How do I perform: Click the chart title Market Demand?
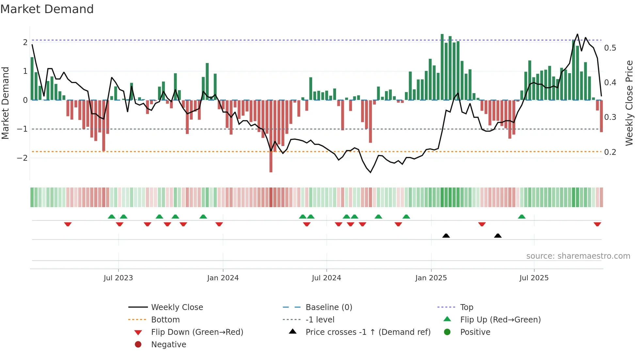click(x=47, y=9)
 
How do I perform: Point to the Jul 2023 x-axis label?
click(x=118, y=278)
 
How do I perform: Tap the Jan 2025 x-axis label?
click(x=431, y=278)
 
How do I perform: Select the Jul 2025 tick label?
click(x=534, y=278)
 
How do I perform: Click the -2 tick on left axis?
click(x=23, y=158)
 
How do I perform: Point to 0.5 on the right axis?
click(x=610, y=48)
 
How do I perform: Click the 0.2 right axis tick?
click(x=610, y=152)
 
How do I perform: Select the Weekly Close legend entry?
click(x=177, y=307)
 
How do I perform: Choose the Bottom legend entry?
click(x=165, y=320)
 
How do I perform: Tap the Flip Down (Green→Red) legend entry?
click(x=197, y=332)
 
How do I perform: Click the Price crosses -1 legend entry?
click(x=368, y=332)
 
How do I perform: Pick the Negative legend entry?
click(x=168, y=345)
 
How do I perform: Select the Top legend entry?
click(x=466, y=307)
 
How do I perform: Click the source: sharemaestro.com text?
click(x=578, y=256)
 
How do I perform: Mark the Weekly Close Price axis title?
click(x=629, y=103)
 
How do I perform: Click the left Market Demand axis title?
click(x=6, y=103)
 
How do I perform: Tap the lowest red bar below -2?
click(x=271, y=163)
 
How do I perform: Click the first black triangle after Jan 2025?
click(x=446, y=236)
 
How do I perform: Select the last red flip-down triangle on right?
click(x=597, y=224)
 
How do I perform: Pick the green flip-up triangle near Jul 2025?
click(x=521, y=217)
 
